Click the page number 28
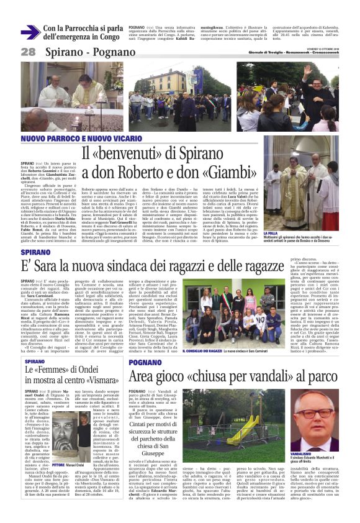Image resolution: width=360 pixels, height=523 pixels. (x=28, y=51)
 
